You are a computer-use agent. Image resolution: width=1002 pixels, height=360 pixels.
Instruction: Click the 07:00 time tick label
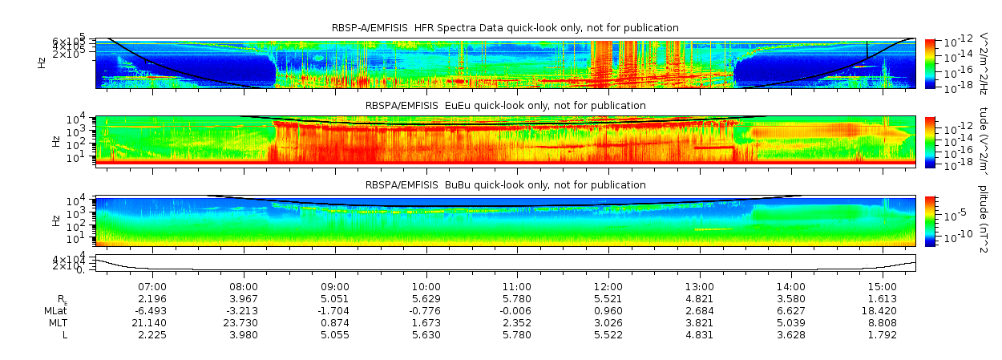click(x=152, y=286)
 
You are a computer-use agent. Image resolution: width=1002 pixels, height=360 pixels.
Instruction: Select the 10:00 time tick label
click(x=426, y=286)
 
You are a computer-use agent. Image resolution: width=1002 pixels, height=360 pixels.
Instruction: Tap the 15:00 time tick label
click(x=882, y=286)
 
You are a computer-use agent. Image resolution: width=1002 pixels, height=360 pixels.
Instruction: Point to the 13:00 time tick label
click(x=700, y=286)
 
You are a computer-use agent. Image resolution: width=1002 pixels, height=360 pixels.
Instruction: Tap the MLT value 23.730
click(x=244, y=322)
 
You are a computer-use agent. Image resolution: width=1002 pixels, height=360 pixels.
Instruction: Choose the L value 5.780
click(x=517, y=334)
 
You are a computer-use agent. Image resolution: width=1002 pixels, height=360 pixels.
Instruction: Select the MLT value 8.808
click(x=881, y=322)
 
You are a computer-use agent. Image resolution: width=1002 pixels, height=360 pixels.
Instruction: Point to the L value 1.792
click(x=881, y=334)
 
